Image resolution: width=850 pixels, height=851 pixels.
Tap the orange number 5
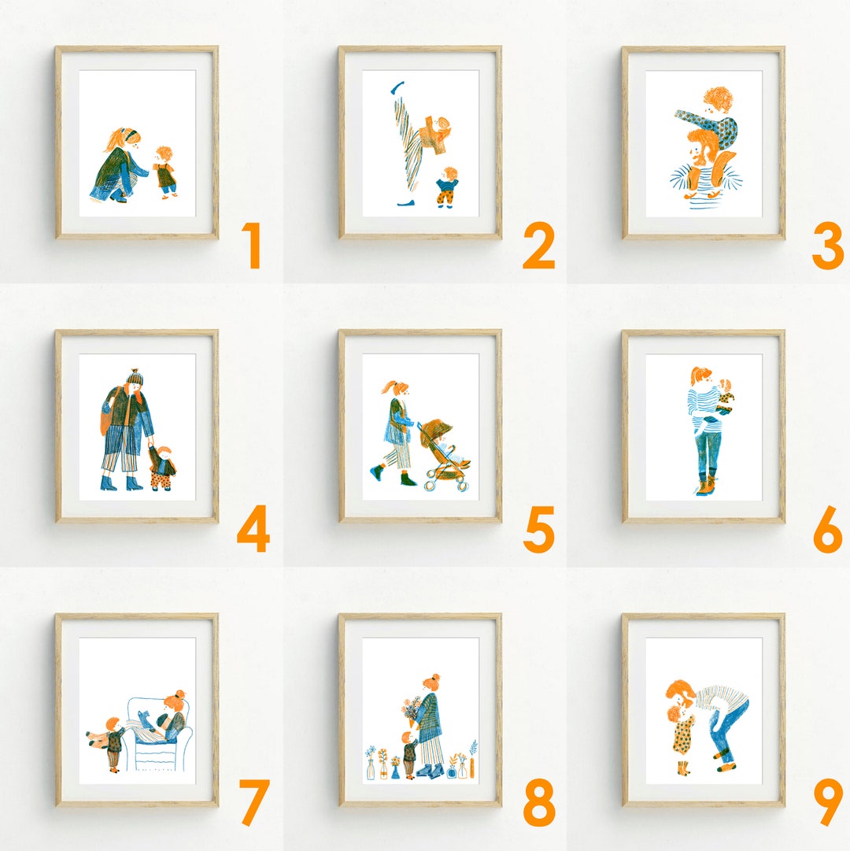pos(539,529)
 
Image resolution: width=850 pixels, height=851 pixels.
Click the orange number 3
pos(828,246)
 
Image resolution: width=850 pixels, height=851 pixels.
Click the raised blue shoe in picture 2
pos(399,85)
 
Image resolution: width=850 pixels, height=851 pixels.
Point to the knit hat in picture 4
pos(134,377)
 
